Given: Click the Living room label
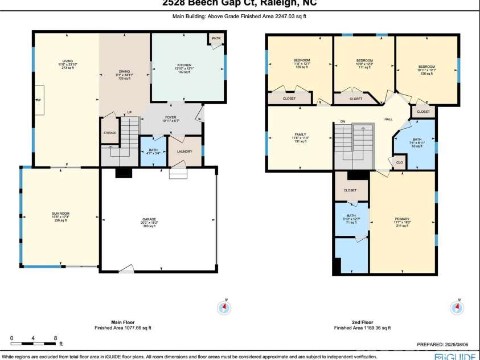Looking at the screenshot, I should click(x=68, y=61).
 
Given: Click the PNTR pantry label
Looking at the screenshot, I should click(x=216, y=39).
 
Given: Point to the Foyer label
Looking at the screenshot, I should click(x=171, y=117).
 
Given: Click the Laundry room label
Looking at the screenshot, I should click(x=184, y=152).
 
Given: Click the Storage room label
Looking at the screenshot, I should click(x=110, y=133).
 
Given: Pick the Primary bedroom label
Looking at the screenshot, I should click(x=402, y=218).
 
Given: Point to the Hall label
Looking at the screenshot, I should click(x=388, y=119).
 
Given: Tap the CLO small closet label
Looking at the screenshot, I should click(x=399, y=162).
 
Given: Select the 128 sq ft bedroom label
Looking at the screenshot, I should click(x=426, y=67).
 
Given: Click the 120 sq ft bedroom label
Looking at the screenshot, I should click(x=301, y=60).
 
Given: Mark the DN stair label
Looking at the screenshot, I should click(x=343, y=121).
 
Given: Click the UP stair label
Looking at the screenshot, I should click(x=129, y=113).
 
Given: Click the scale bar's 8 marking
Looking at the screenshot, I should click(x=55, y=338).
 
